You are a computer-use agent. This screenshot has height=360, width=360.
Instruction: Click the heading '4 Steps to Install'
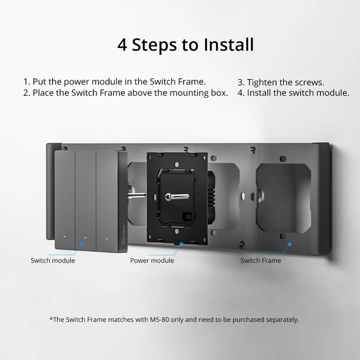point(185,45)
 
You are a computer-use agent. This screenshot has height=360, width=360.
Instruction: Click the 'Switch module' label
point(53,260)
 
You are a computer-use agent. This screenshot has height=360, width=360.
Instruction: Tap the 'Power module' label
point(152,260)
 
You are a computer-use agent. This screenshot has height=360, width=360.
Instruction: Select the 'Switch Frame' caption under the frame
point(261,260)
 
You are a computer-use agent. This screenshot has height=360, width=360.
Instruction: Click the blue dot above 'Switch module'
point(81,244)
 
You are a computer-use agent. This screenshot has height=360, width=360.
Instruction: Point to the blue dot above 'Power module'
point(181,244)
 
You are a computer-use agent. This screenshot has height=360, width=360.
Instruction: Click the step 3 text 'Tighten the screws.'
point(280,82)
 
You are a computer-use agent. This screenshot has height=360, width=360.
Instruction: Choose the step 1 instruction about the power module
point(114,82)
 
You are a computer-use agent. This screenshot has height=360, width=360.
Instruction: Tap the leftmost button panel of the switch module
point(65,198)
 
